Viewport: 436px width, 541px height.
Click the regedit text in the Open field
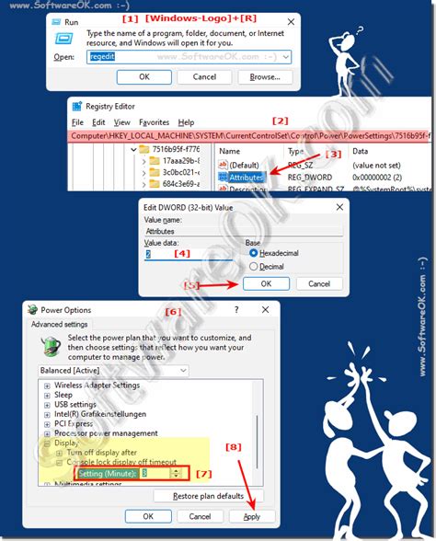pos(100,56)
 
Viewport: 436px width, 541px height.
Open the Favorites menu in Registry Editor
pos(154,122)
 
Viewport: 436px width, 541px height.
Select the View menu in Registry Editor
pos(121,122)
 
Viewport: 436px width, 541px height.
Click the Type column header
pos(295,151)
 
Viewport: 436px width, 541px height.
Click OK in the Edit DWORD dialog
pos(263,284)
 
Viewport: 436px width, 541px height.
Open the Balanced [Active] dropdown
pos(115,370)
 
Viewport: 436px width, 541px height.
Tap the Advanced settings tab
pos(59,324)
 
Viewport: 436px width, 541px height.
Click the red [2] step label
pos(280,121)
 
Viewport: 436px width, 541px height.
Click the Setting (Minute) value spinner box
pos(157,473)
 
